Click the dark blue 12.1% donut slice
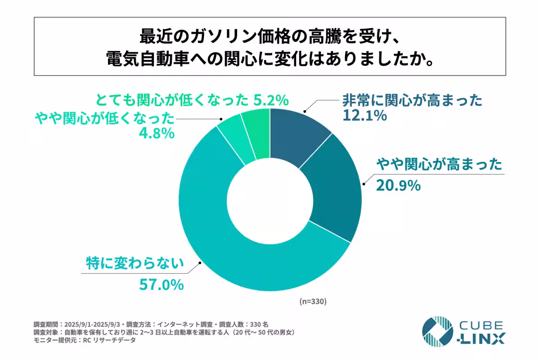click(297, 135)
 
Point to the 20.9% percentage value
click(398, 184)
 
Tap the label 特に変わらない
click(135, 262)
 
